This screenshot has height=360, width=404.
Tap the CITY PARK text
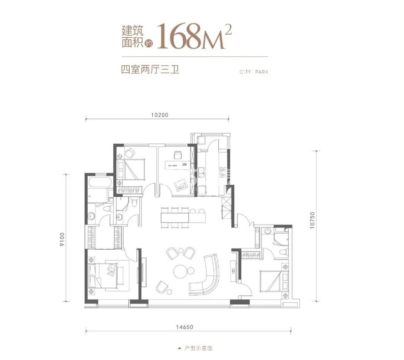[x=254, y=72]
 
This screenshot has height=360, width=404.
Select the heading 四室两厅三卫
[x=150, y=70]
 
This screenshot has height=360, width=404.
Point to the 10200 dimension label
[x=160, y=115]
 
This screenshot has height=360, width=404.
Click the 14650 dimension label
[x=184, y=327]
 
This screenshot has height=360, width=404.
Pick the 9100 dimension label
[x=62, y=239]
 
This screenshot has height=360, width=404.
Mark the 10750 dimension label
[x=312, y=221]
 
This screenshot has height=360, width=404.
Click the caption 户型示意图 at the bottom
[x=198, y=348]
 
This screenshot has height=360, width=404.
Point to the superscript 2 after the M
[x=228, y=30]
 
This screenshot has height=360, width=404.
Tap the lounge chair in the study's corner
[x=181, y=184]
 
